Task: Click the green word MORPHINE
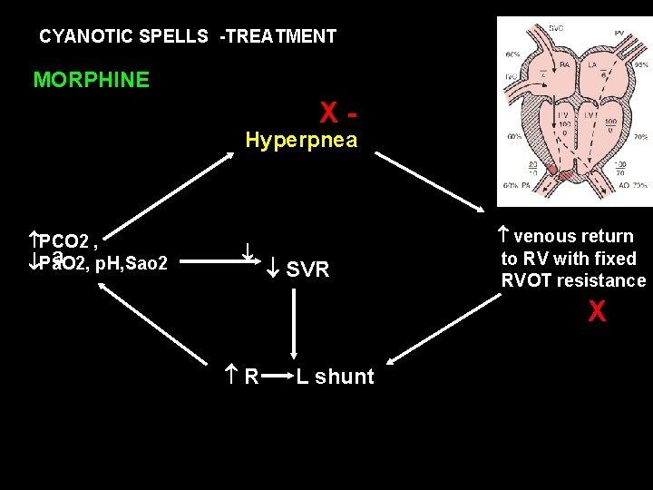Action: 91,80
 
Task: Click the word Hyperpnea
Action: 302,141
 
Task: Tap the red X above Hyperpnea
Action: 329,113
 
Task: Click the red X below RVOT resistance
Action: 597,312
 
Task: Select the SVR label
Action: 307,269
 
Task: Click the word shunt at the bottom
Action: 344,377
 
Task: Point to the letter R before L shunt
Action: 251,377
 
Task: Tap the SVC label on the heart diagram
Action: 556,29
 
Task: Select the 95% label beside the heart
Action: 641,65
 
